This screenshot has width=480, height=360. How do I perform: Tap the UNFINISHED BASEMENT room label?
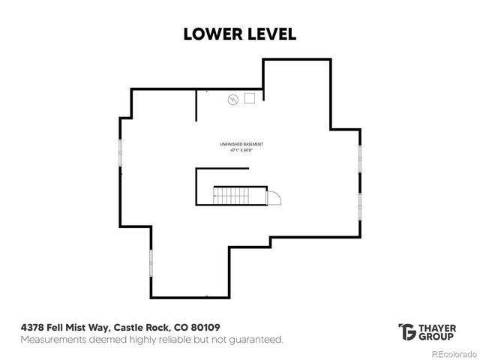tap(241, 144)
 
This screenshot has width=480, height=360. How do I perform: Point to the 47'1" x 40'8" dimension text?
tap(241, 150)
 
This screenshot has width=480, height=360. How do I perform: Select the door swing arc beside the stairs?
tap(274, 197)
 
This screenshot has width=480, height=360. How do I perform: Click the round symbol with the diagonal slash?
tap(232, 99)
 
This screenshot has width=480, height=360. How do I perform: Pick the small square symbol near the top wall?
tap(250, 97)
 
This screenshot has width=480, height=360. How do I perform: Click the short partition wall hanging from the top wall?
tap(196, 105)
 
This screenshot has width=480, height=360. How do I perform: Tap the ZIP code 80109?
tap(204, 328)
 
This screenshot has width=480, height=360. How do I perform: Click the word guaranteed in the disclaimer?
tap(256, 340)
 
